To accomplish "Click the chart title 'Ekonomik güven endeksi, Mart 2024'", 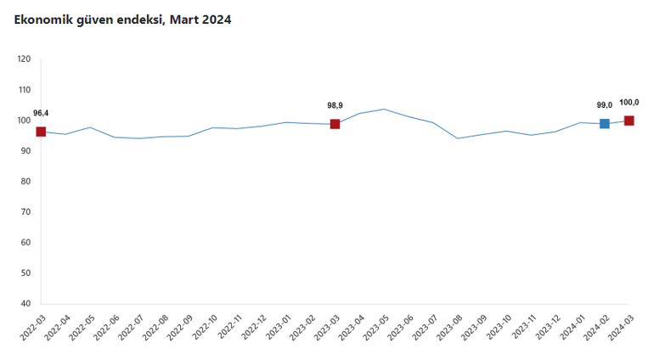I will pos(122,19).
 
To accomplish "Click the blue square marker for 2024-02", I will pos(605,124).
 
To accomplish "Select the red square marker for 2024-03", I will pos(629,121).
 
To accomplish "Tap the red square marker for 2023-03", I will pos(335,124).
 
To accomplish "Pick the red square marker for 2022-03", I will pos(41,132).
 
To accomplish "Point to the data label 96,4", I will pos(41,113).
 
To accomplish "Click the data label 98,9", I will pos(335,105).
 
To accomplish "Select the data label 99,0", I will pos(605,105).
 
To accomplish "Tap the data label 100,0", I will pos(629,102).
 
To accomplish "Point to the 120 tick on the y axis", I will pos(24,59).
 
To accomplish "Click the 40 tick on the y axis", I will pos(25,304).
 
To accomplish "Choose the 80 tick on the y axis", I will pos(25,182).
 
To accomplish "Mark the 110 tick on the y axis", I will pos(24,90).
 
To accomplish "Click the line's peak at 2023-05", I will pos(384,109).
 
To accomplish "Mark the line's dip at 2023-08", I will pos(458,138).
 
